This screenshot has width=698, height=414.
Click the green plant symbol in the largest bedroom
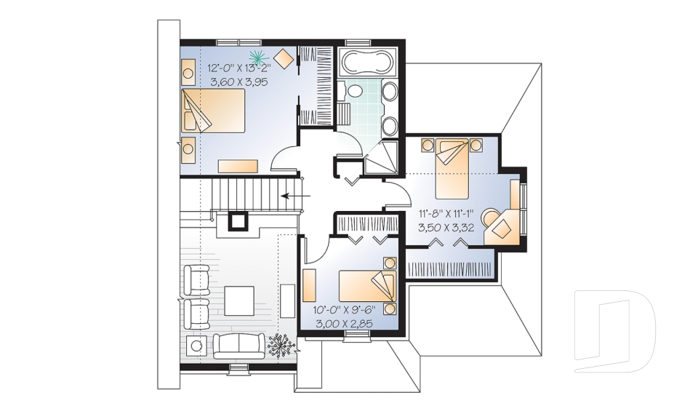[x=257, y=55]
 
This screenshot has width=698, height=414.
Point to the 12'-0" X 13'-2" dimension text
[x=239, y=68]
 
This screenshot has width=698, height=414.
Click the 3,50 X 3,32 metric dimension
[x=446, y=227]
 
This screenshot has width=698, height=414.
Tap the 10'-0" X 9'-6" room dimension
[x=340, y=309]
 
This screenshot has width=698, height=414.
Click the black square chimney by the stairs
[x=238, y=220]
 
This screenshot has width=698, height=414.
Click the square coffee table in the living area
[x=238, y=299]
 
